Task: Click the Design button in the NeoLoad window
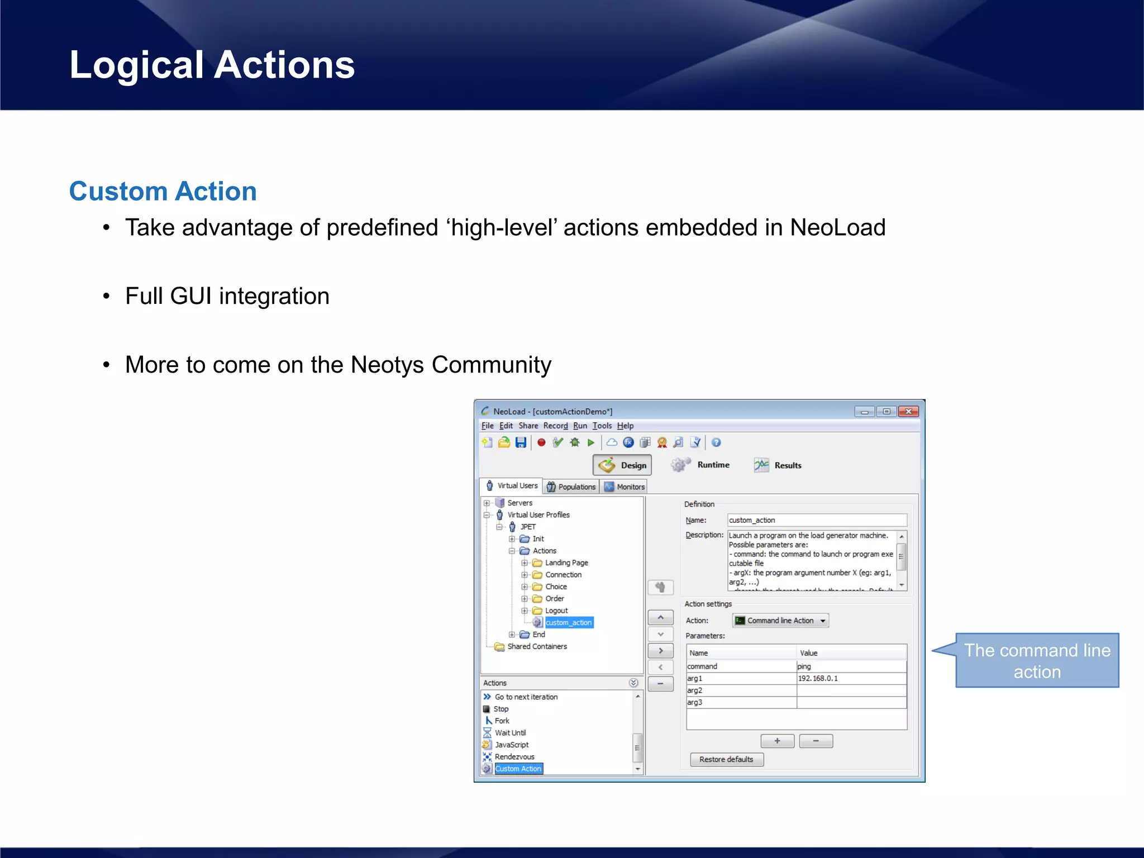[x=622, y=465]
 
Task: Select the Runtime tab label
[x=713, y=465]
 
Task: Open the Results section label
[x=788, y=465]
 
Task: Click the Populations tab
[x=571, y=487]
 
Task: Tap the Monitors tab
[x=625, y=487]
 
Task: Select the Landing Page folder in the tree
[x=566, y=563]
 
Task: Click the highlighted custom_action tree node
[x=568, y=622]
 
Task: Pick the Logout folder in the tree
[x=556, y=611]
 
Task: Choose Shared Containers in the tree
[x=536, y=646]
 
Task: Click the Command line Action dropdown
[x=780, y=621]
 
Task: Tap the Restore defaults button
[x=726, y=759]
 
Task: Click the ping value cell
[x=851, y=666]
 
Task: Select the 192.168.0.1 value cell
[x=851, y=678]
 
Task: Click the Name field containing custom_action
[x=816, y=520]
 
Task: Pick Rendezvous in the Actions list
[x=514, y=757]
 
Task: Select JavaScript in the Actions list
[x=511, y=745]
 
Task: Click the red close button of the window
[x=908, y=412]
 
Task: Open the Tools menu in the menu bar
[x=602, y=426]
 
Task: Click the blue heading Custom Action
[x=163, y=191]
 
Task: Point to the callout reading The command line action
[x=1037, y=661]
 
